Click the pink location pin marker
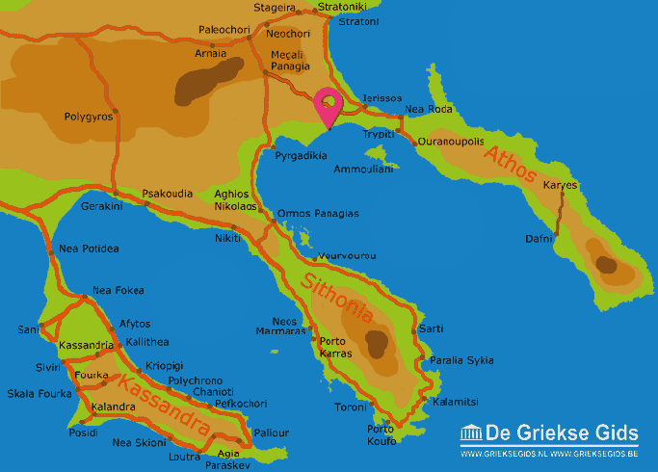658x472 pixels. tap(329, 104)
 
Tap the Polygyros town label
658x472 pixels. tap(89, 117)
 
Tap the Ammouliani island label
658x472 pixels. tap(364, 169)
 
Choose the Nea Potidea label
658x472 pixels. tap(89, 249)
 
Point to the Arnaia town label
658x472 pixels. tap(211, 53)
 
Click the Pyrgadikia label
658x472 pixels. tap(303, 154)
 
